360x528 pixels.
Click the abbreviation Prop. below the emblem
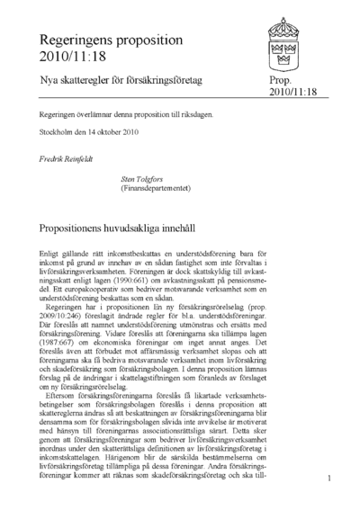(280, 82)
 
